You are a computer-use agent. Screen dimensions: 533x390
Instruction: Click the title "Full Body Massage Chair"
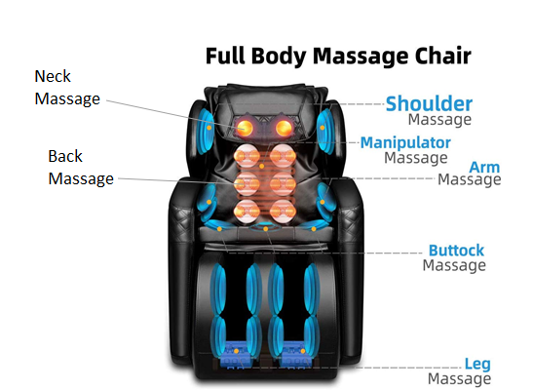(x=338, y=57)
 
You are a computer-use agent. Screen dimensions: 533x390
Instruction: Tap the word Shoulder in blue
(x=429, y=103)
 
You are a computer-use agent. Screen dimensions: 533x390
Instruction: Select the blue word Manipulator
(x=405, y=142)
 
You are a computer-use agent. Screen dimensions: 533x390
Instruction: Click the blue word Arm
(x=484, y=168)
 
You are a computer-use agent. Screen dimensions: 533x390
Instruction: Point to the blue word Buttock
(x=456, y=251)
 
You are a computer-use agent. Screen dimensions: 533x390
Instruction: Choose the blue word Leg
(x=477, y=364)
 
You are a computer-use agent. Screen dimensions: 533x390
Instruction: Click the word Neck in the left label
(x=53, y=76)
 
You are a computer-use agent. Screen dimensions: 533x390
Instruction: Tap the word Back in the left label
(x=65, y=156)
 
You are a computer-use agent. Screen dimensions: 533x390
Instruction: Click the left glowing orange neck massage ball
(x=244, y=128)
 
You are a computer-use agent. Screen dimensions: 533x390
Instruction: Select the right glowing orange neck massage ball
(x=284, y=128)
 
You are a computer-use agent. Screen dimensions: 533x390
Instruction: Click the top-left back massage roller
(x=247, y=156)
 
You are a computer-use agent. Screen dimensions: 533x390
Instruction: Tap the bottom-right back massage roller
(x=283, y=212)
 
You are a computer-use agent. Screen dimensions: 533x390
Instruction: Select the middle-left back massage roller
(x=247, y=184)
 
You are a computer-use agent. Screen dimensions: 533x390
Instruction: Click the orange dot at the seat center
(x=266, y=229)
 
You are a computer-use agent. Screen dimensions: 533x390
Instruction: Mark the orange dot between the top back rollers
(x=261, y=166)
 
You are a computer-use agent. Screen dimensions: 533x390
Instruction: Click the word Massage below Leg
(x=459, y=378)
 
